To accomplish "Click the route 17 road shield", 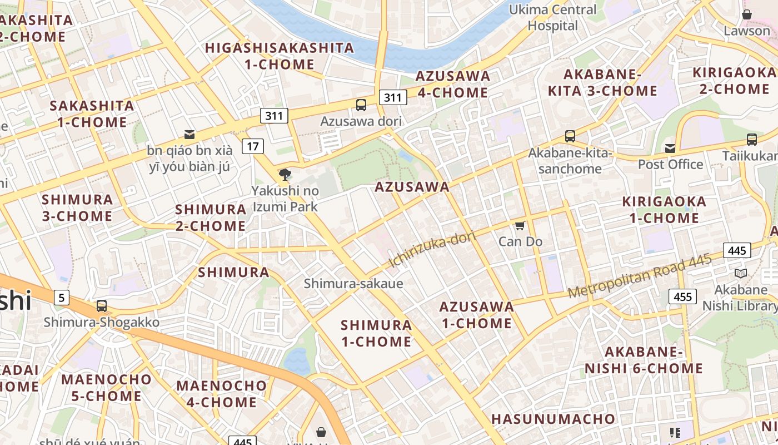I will click(252, 146).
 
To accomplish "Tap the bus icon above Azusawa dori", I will click(361, 105).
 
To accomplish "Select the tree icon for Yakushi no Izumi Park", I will click(285, 175).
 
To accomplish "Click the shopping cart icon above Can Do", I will click(520, 225).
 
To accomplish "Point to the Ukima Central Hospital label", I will click(553, 18).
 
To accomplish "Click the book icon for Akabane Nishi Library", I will click(740, 273).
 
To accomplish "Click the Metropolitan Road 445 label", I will click(639, 276).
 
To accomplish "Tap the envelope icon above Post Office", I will click(670, 148).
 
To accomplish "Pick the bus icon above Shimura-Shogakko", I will click(101, 305).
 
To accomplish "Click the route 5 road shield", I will click(61, 298).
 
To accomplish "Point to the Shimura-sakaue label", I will click(353, 284).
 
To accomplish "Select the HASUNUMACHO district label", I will click(553, 419).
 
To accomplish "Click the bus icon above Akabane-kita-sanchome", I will click(570, 136).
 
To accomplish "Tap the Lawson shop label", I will click(746, 31).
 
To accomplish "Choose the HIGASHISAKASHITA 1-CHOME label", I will click(280, 56).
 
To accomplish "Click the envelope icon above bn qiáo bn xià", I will click(189, 134).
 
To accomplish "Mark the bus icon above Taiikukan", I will click(751, 140).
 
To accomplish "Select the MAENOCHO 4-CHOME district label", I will click(222, 393).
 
